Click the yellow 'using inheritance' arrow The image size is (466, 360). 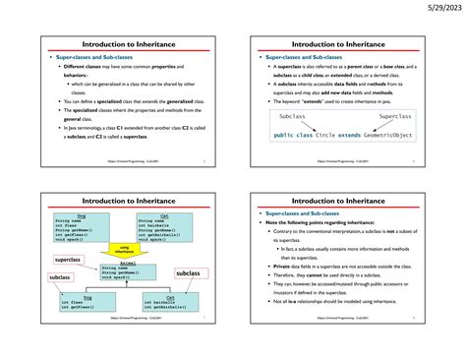pos(125,249)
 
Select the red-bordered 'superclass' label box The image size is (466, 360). pos(67,260)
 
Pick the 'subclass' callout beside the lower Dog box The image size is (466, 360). pos(61,278)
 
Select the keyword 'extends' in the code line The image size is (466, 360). pos(362,134)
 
